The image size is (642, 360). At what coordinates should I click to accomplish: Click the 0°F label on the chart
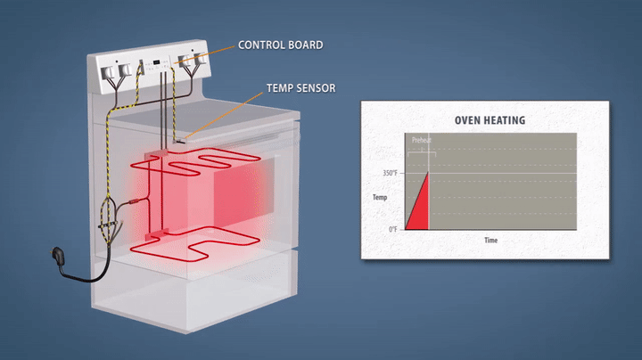pyautogui.click(x=392, y=230)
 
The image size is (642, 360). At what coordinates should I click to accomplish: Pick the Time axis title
pyautogui.click(x=490, y=241)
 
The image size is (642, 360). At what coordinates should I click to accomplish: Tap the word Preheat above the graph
pyautogui.click(x=421, y=140)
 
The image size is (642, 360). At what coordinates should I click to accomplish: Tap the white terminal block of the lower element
pyautogui.click(x=158, y=234)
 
